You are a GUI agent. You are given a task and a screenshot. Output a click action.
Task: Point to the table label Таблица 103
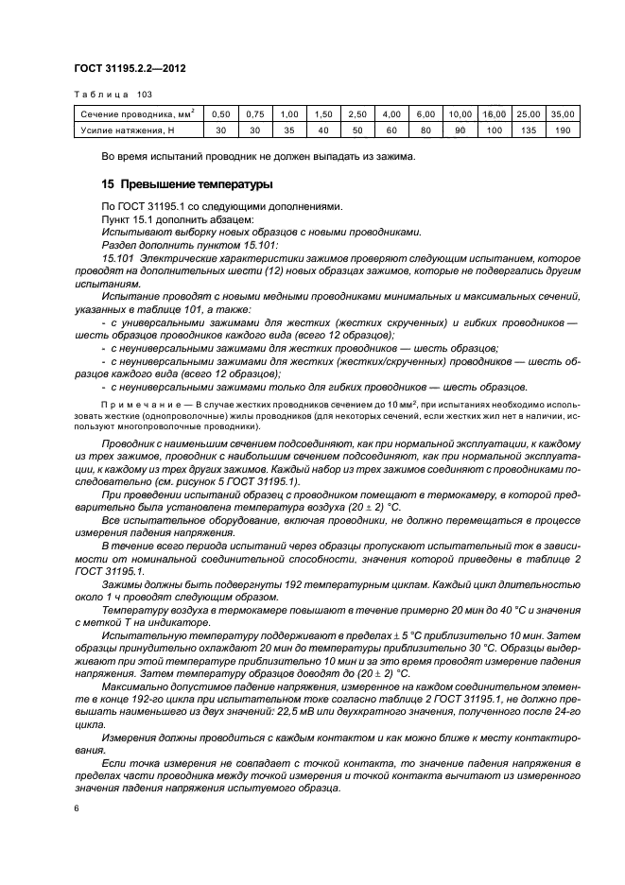(113, 94)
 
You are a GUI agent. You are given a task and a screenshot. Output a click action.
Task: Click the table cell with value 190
(564, 130)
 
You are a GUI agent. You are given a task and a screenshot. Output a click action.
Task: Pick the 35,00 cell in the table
(564, 113)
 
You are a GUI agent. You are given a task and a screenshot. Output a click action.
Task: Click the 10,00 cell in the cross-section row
(460, 113)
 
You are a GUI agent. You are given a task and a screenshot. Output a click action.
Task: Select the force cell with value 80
(426, 130)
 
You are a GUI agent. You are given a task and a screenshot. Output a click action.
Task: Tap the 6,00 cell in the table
(426, 113)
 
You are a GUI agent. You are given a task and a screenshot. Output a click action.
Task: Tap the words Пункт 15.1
(128, 219)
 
